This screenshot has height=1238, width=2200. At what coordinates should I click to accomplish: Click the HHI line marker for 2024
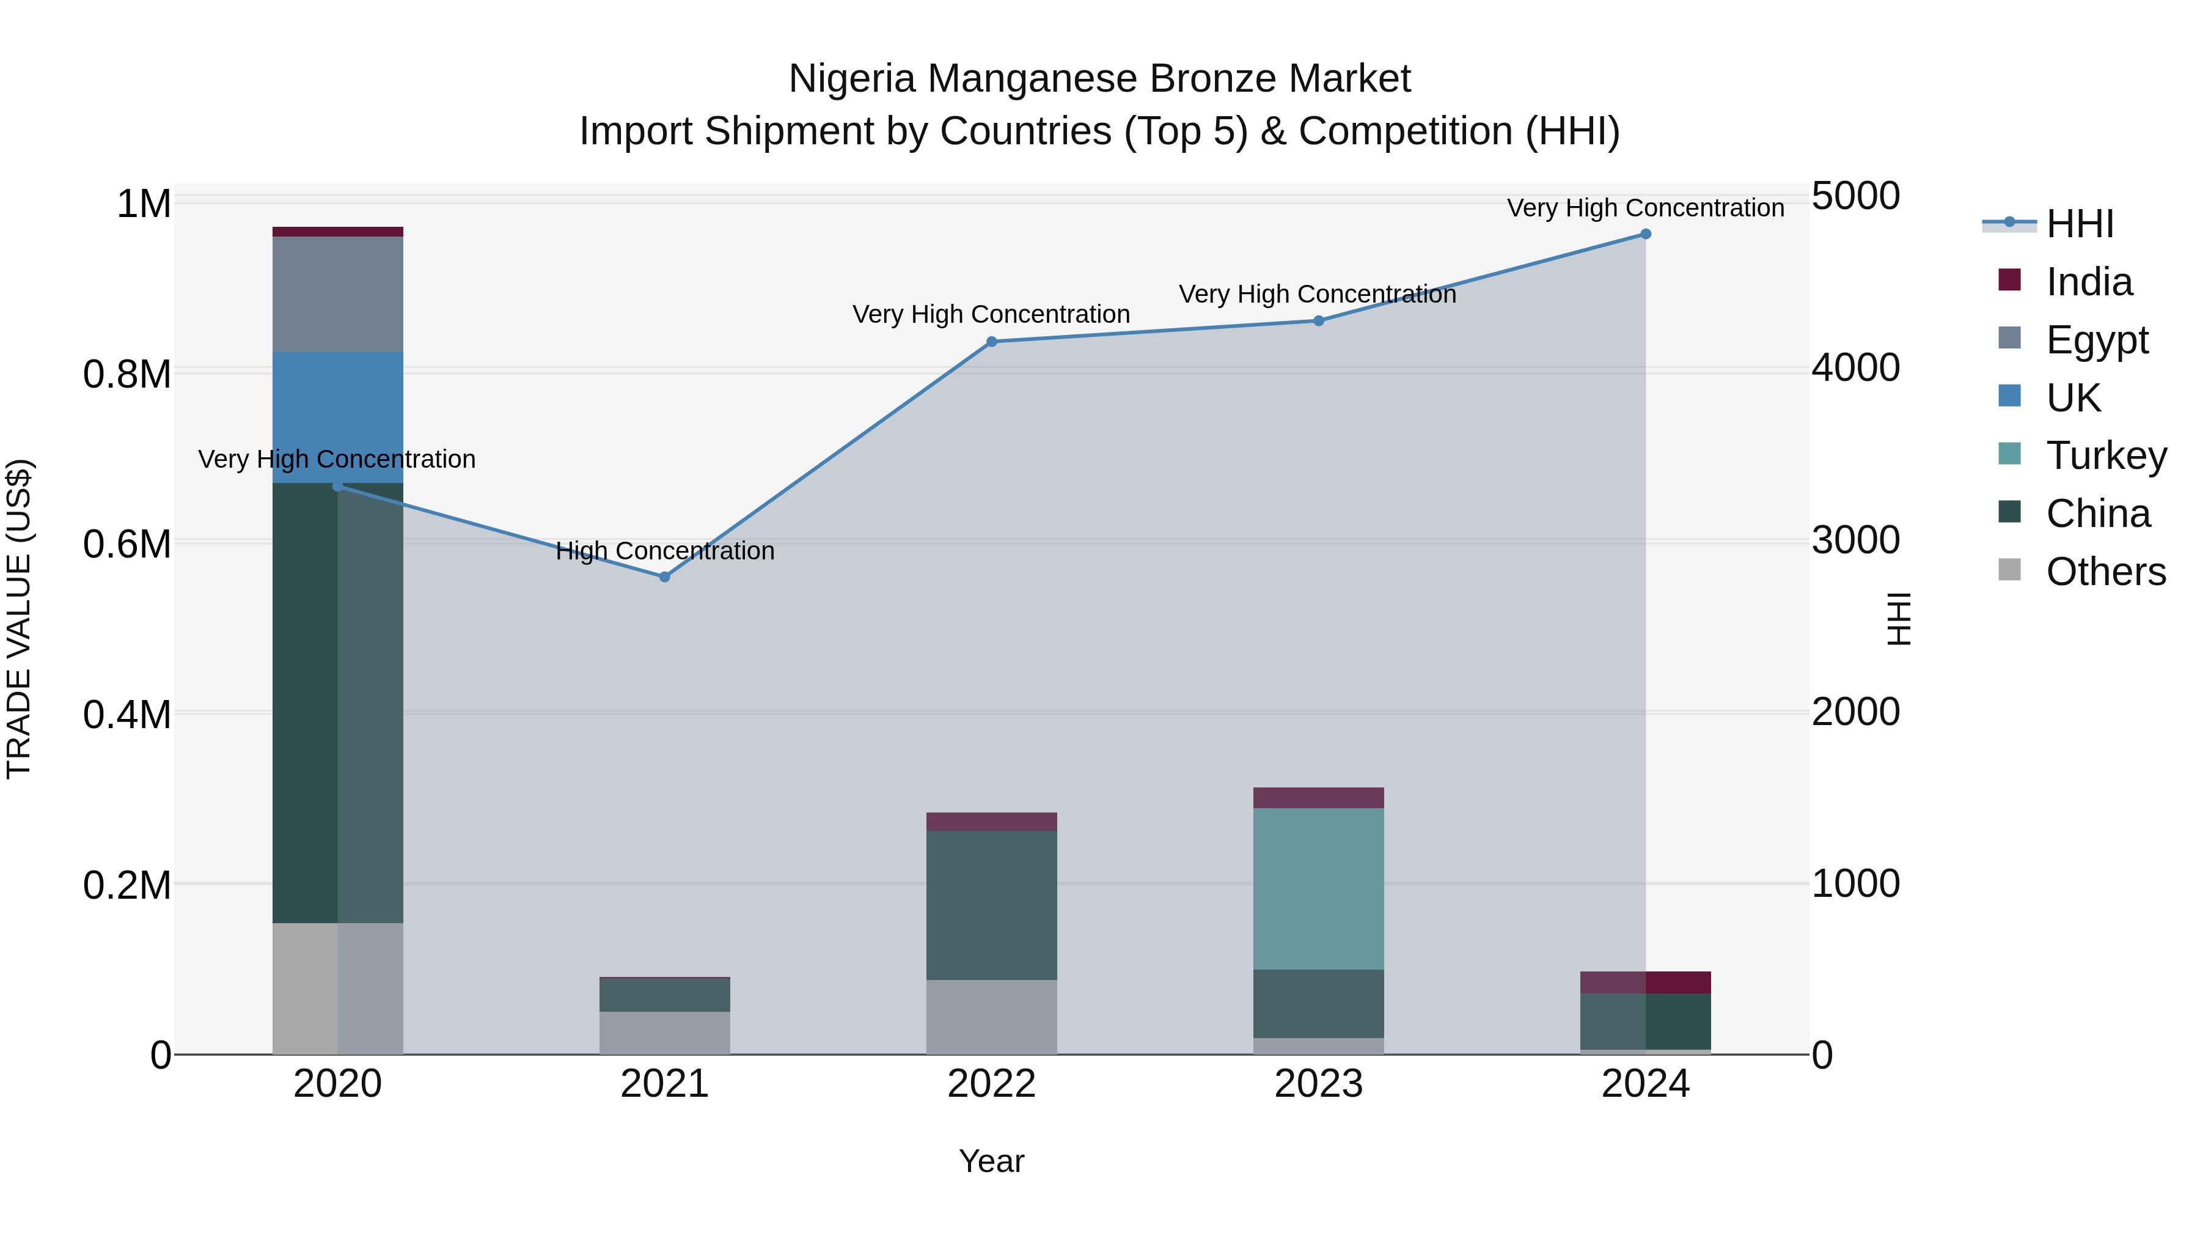pyautogui.click(x=1645, y=234)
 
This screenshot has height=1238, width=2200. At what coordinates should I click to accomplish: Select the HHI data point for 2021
pyautogui.click(x=664, y=577)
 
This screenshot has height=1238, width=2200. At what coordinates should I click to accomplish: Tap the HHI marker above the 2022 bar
pyautogui.click(x=992, y=342)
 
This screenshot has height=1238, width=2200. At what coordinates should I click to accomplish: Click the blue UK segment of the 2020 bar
pyautogui.click(x=337, y=417)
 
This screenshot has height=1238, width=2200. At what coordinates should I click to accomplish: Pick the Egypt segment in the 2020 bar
pyautogui.click(x=337, y=294)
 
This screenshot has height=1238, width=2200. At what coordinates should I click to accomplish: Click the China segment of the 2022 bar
pyautogui.click(x=992, y=905)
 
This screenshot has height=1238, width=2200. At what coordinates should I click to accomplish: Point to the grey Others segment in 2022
pyautogui.click(x=992, y=1017)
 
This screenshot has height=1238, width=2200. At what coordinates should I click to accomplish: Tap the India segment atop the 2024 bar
pyautogui.click(x=1645, y=982)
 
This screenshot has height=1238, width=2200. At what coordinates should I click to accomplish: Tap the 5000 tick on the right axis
pyautogui.click(x=1855, y=196)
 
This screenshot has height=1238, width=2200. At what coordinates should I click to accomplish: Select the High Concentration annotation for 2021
pyautogui.click(x=664, y=551)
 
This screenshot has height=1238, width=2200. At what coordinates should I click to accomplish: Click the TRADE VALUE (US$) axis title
pyautogui.click(x=19, y=619)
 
